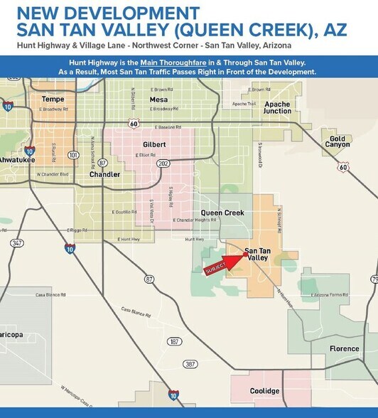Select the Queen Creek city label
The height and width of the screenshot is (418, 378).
click(x=222, y=213)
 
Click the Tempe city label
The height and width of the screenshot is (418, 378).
click(x=53, y=99)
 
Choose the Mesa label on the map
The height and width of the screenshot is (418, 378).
click(x=158, y=100)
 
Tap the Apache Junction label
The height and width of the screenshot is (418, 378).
click(x=277, y=108)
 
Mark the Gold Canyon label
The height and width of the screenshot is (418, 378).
click(x=338, y=141)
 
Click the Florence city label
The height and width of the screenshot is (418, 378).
click(x=345, y=348)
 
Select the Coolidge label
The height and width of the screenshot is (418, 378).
click(x=264, y=391)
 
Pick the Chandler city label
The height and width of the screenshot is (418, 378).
click(x=104, y=174)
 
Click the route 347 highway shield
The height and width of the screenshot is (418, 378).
click(x=16, y=243)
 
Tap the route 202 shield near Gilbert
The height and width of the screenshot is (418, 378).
click(x=164, y=163)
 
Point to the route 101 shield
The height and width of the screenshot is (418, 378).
click(x=73, y=154)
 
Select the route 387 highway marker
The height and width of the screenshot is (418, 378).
click(x=190, y=363)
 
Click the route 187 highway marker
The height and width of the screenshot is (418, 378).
click(x=174, y=341)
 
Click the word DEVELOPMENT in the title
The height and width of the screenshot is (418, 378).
click(x=130, y=13)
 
